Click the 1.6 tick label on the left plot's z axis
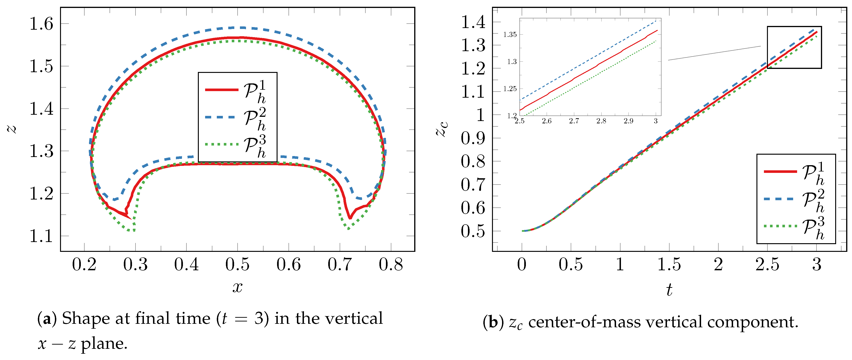pos(41,24)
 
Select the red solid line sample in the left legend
pos(222,90)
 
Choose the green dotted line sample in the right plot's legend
pos(780,226)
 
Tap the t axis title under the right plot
pos(669,290)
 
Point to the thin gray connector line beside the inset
pos(714,53)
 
